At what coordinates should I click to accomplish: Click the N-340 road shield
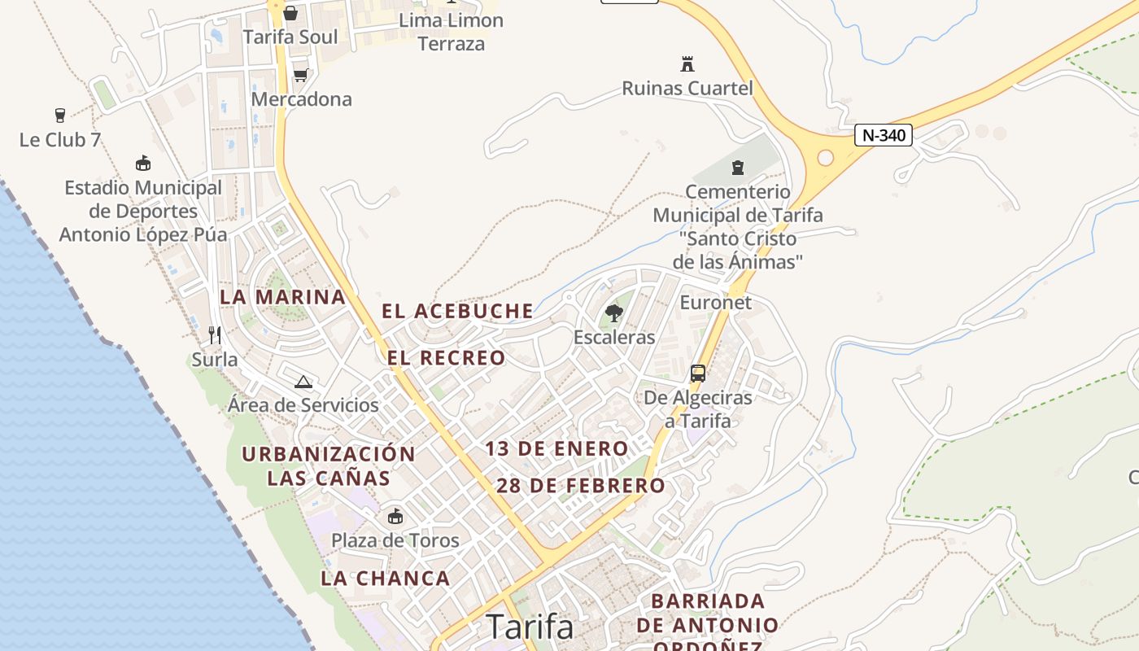coord(883,135)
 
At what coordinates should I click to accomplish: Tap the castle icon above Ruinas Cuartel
coord(687,63)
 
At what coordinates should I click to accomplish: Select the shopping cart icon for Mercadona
coord(300,75)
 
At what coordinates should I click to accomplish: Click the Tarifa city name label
coord(530,627)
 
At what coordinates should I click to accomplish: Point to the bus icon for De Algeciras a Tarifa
coord(698,374)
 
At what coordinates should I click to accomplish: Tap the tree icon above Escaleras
coord(614,312)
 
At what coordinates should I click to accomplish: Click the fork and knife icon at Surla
coord(215,334)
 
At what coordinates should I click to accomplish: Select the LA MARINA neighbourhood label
coord(283,297)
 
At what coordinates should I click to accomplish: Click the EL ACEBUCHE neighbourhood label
coord(458,311)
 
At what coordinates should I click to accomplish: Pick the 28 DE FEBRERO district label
coord(581,486)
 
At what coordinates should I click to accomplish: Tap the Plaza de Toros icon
coord(395,516)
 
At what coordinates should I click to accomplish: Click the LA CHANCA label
coord(386,579)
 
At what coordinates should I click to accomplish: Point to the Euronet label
coord(716,303)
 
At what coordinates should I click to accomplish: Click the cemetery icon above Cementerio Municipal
coord(738,168)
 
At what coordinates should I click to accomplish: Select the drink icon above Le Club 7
coord(60,115)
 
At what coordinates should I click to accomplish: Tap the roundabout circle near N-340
coord(825,158)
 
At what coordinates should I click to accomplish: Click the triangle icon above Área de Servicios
coord(303,381)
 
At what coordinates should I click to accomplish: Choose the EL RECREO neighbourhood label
coord(446,358)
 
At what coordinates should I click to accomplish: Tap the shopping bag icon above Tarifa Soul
coord(290,13)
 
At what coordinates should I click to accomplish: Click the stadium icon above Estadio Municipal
coord(143,163)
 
